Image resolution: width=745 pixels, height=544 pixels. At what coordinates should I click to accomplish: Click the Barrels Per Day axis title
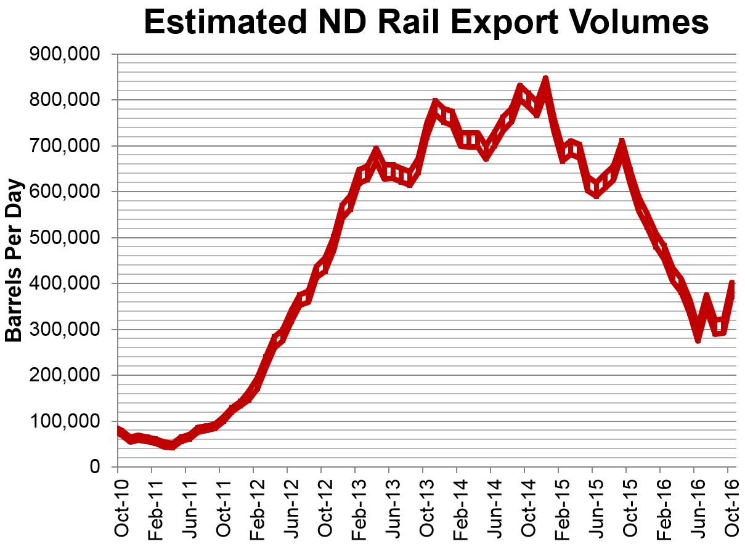14,261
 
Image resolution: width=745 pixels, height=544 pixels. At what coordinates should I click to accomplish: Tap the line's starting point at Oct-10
118,430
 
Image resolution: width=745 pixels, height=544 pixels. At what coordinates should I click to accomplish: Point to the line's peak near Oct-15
622,144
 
